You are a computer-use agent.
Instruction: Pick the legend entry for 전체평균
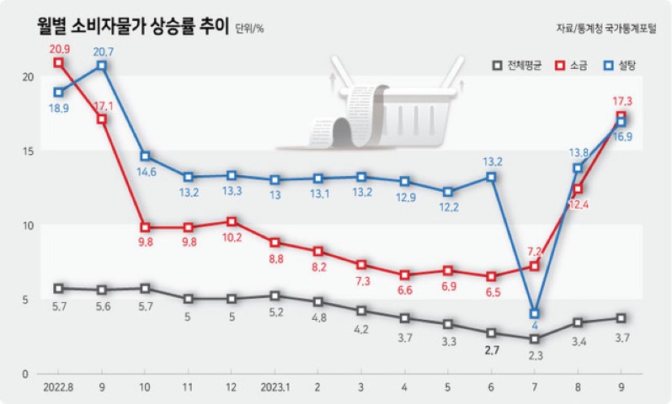coord(515,65)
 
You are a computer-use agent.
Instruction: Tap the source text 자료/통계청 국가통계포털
coord(608,28)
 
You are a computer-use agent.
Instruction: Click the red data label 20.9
coord(58,48)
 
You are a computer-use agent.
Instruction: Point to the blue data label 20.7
coord(102,50)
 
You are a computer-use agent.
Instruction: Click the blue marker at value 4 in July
coord(534,313)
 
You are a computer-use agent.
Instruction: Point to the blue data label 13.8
coord(578,152)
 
